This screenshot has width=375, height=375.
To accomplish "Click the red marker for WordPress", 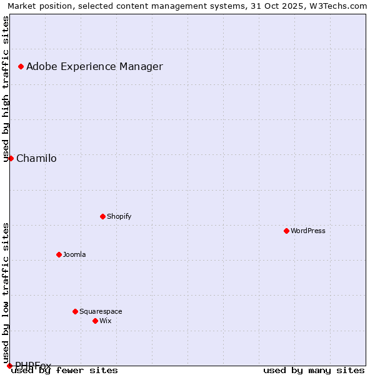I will pyautogui.click(x=286, y=231).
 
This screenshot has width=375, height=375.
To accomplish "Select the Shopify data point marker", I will pyautogui.click(x=102, y=216).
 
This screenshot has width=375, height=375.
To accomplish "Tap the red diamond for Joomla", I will pyautogui.click(x=59, y=254).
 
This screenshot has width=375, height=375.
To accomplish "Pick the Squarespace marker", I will pyautogui.click(x=75, y=311).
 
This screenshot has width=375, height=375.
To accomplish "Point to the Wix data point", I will pyautogui.click(x=95, y=321).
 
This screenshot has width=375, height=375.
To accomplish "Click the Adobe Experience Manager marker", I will pyautogui.click(x=21, y=66).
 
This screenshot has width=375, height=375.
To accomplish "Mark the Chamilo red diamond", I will pyautogui.click(x=11, y=158).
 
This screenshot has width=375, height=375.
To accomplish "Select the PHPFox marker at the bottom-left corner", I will pyautogui.click(x=9, y=366).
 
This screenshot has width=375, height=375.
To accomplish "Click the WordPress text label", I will pyautogui.click(x=308, y=231).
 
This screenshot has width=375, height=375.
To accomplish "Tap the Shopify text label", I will pyautogui.click(x=119, y=216).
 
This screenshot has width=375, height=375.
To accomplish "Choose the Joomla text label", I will pyautogui.click(x=74, y=254).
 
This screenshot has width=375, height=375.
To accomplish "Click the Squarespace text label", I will pyautogui.click(x=101, y=311).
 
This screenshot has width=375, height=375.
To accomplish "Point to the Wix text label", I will pyautogui.click(x=105, y=321).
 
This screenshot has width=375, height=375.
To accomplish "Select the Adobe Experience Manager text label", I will pyautogui.click(x=94, y=66).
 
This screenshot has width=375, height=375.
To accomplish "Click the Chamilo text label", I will pyautogui.click(x=36, y=158).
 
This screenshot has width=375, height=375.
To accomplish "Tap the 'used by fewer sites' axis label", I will pyautogui.click(x=65, y=370).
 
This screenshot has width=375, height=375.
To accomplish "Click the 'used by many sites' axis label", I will pyautogui.click(x=314, y=370).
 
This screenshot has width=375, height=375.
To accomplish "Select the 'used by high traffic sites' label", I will pyautogui.click(x=6, y=89).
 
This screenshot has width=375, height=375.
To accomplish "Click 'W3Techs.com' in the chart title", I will pyautogui.click(x=341, y=6).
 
